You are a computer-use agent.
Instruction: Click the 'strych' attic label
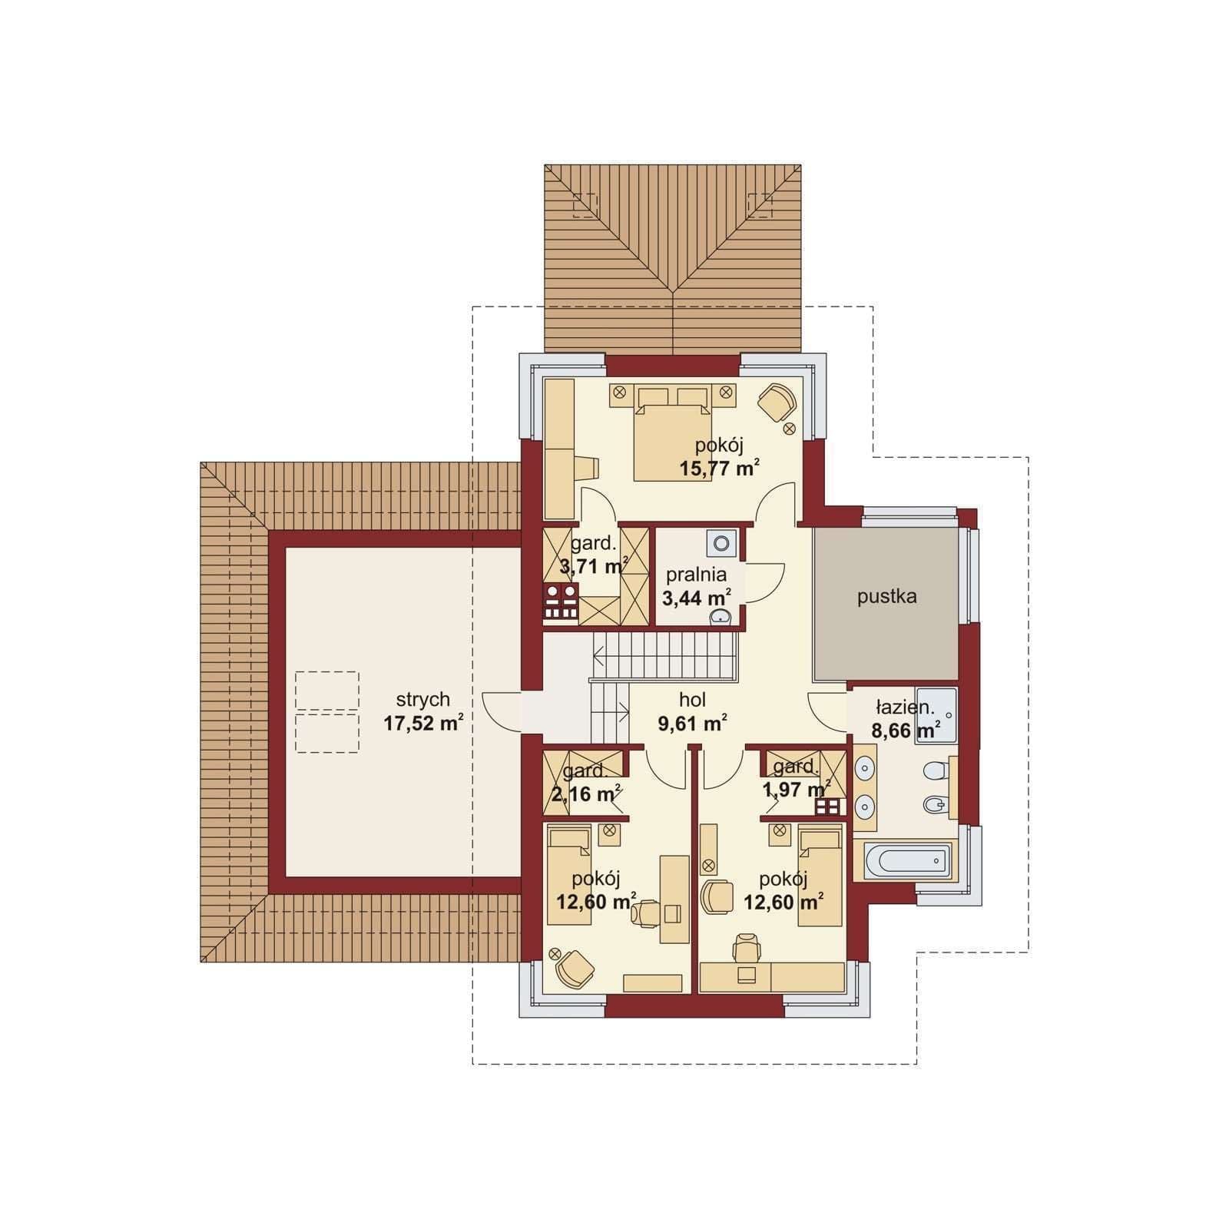422,701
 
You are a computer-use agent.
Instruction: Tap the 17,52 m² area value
423,723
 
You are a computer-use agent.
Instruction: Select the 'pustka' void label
886,597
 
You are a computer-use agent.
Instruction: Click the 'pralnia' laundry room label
696,575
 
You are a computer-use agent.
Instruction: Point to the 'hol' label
692,700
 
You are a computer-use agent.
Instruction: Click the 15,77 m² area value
720,468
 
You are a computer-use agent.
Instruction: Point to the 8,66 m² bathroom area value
906,730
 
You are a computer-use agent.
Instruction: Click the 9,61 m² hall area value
692,723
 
